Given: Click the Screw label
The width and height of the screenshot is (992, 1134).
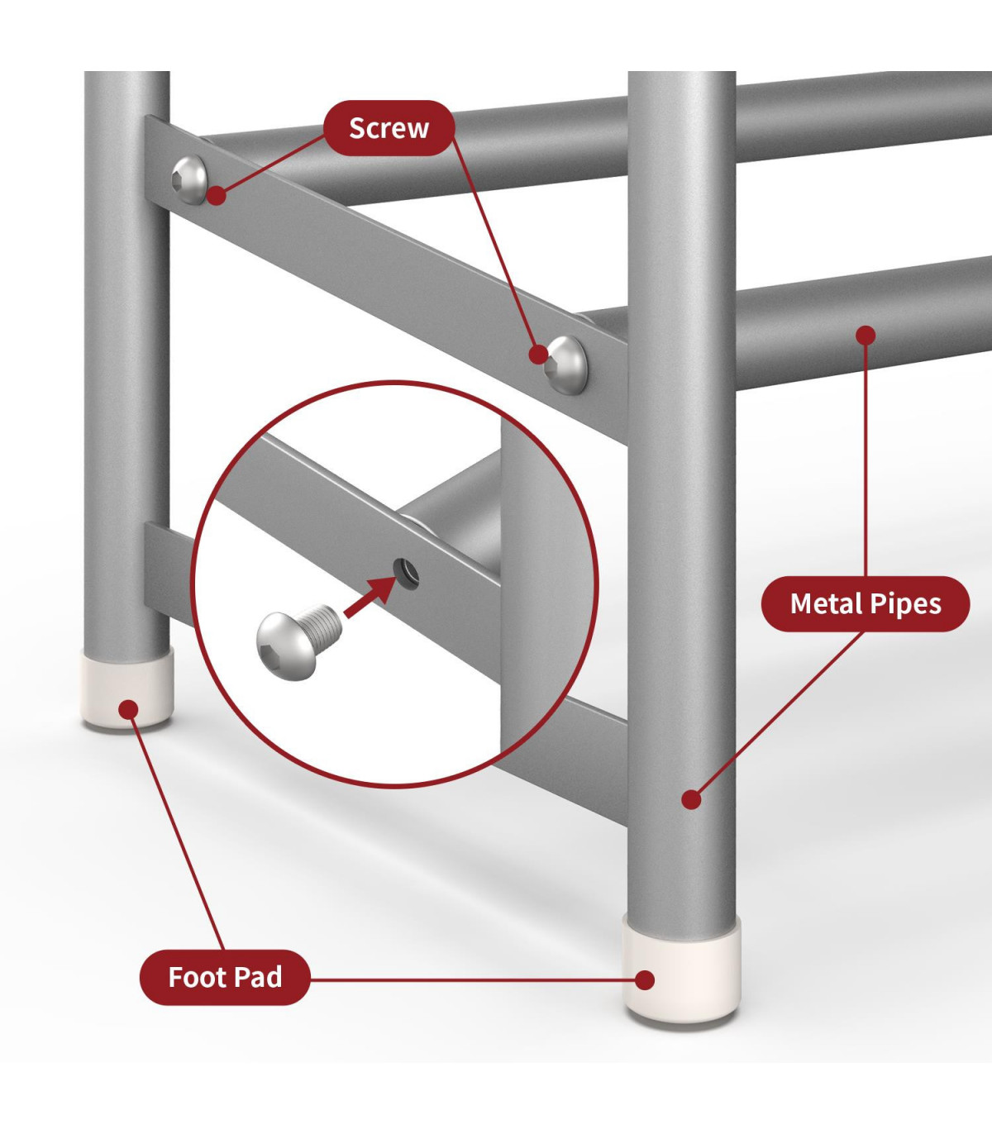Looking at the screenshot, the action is (389, 128).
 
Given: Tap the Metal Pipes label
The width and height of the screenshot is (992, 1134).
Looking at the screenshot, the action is (865, 603).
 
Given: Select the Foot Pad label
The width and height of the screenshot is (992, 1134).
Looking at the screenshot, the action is (225, 977).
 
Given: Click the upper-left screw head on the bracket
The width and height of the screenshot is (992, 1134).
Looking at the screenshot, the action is (189, 179).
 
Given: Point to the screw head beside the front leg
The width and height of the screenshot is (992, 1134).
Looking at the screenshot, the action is (565, 364).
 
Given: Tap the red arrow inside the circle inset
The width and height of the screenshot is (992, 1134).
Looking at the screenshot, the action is (370, 597).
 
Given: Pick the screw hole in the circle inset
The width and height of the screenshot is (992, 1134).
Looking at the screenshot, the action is (406, 574).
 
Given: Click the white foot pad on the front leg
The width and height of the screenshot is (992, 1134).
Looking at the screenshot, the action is (682, 969).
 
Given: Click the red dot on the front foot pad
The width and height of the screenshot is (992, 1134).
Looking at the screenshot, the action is (645, 980).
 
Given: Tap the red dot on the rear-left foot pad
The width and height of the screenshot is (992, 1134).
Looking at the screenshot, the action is (129, 709).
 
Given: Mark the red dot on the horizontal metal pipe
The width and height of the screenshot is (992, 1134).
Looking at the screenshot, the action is (866, 336).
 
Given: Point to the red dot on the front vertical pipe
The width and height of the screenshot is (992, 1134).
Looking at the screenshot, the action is (691, 799).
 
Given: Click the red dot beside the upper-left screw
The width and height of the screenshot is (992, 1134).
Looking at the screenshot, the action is (217, 195).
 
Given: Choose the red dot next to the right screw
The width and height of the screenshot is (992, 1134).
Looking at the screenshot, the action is (538, 354).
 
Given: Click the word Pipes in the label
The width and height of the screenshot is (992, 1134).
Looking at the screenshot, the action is (909, 604).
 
